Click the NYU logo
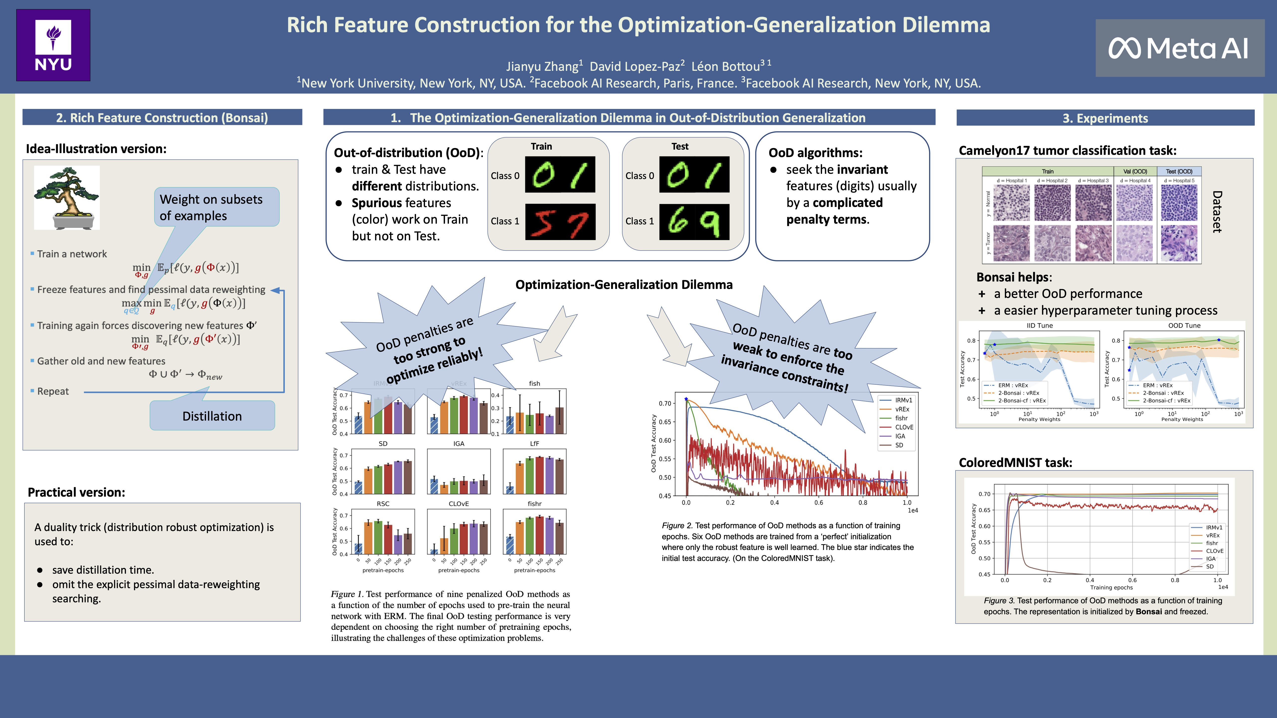coord(53,45)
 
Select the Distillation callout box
coord(212,416)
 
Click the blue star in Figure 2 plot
coord(687,399)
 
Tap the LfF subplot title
coord(534,444)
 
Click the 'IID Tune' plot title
coord(1040,326)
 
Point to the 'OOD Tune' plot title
coord(1184,326)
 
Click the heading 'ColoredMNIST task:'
coord(1015,462)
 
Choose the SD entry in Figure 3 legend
coord(1210,566)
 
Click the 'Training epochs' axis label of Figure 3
coord(1111,587)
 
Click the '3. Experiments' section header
coord(1105,118)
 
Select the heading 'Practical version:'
coord(76,492)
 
